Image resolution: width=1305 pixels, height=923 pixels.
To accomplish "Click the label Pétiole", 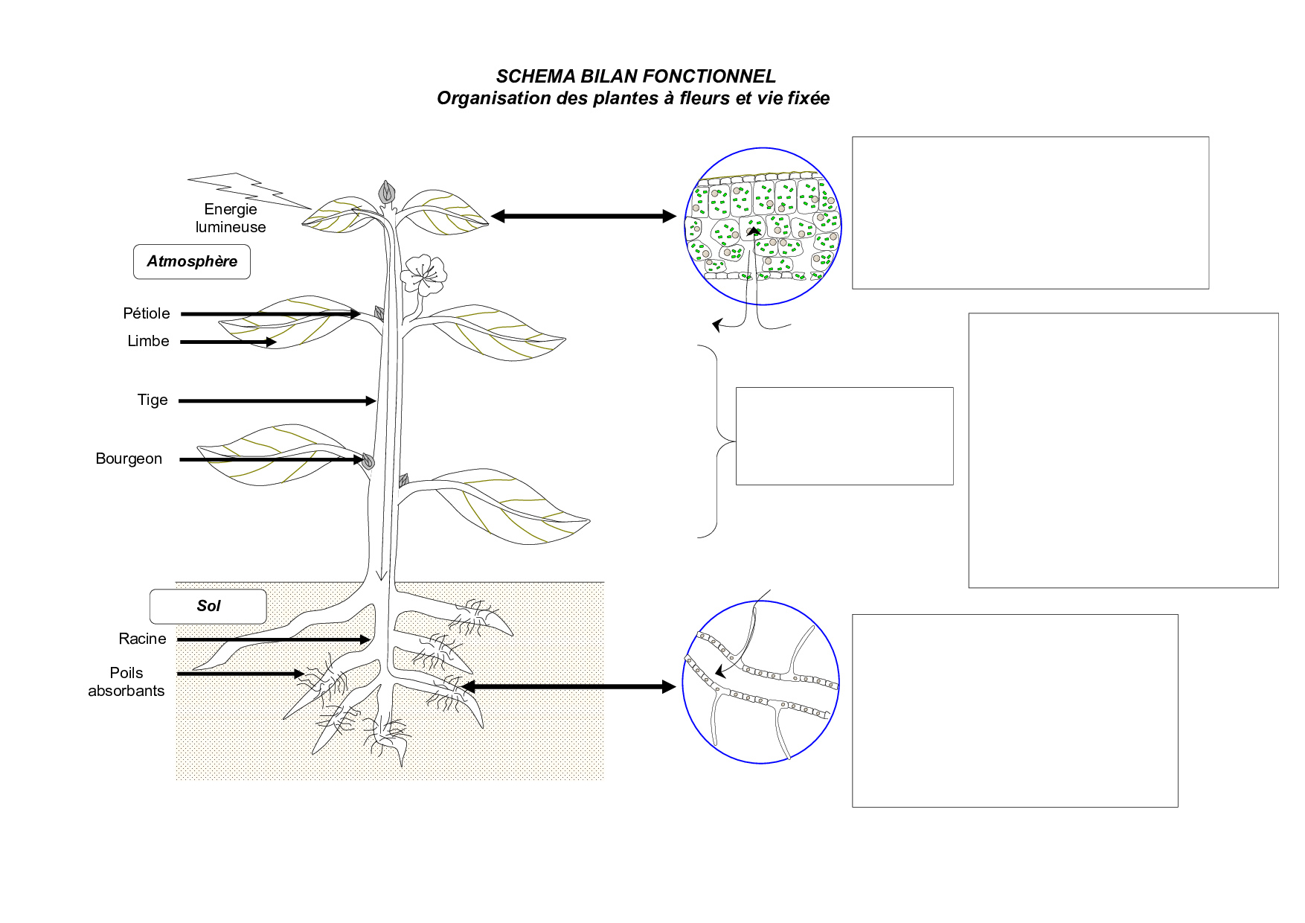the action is pyautogui.click(x=147, y=313).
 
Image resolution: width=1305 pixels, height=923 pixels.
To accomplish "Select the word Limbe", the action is pyautogui.click(x=148, y=341).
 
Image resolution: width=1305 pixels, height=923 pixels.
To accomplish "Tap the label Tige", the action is pyautogui.click(x=153, y=400).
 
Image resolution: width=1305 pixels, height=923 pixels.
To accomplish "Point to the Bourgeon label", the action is pyautogui.click(x=129, y=459).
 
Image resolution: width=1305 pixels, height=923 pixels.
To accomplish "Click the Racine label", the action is pyautogui.click(x=142, y=639).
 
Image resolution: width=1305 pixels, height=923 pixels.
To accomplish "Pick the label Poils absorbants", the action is pyautogui.click(x=126, y=682).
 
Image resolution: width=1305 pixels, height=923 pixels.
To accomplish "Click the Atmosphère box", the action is pyautogui.click(x=192, y=262).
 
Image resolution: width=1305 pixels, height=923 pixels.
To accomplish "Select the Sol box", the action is pyautogui.click(x=208, y=607).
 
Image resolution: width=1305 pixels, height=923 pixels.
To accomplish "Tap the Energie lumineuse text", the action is pyautogui.click(x=231, y=218).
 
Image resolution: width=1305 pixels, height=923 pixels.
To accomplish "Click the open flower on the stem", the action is pyautogui.click(x=423, y=275).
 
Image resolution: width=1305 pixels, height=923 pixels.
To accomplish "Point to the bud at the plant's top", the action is pyautogui.click(x=386, y=192).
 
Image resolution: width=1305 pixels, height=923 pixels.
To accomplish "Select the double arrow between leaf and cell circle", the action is pyautogui.click(x=583, y=217).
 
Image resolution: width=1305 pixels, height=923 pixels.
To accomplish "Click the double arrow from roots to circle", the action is pyautogui.click(x=568, y=686).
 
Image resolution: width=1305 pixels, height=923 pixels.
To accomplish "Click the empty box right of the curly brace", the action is pyautogui.click(x=844, y=436).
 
